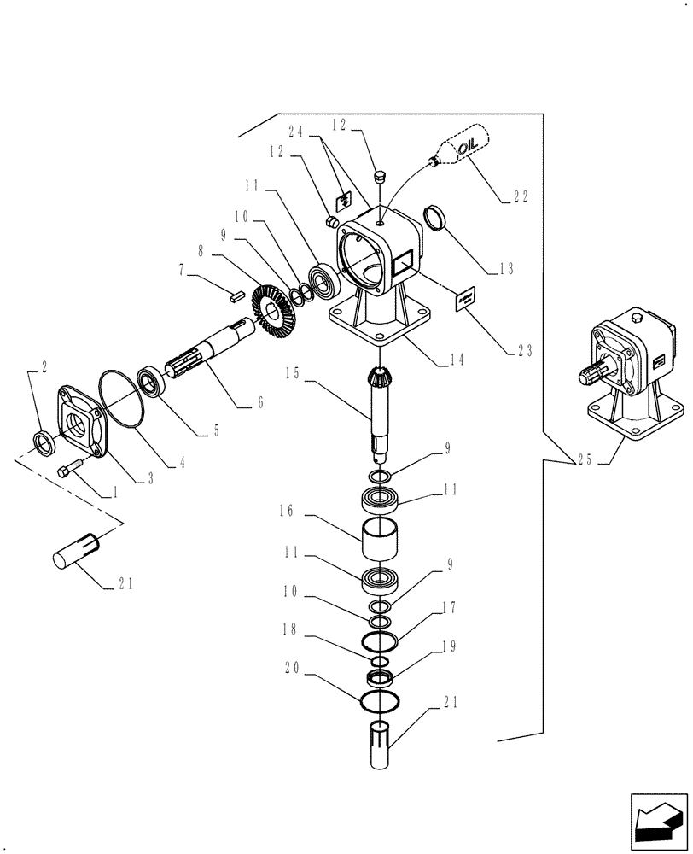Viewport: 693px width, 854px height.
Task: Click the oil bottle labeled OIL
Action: [x=462, y=145]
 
